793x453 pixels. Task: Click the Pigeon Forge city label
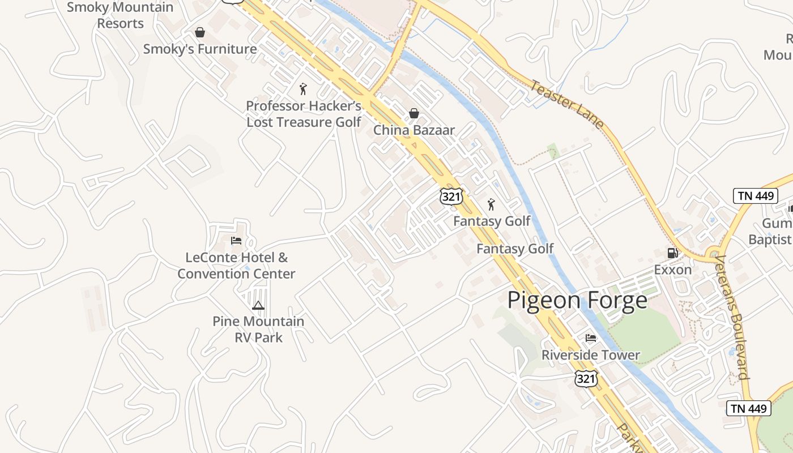coord(577,300)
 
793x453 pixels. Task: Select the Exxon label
coord(673,270)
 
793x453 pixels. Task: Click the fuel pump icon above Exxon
coord(673,253)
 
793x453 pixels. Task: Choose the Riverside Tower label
coord(590,355)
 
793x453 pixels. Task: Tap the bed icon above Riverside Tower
coord(591,338)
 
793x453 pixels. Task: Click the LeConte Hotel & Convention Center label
coord(236,266)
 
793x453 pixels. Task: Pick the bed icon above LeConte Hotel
coord(236,241)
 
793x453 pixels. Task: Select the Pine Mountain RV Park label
coord(258,329)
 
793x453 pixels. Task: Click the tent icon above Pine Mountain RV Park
coord(258,306)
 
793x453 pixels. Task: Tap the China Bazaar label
coord(414,130)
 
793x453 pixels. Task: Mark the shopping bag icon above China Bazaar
coord(414,114)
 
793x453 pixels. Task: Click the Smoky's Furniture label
coord(200,49)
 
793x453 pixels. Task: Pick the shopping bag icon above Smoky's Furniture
coord(200,33)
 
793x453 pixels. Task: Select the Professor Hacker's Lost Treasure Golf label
coord(304,114)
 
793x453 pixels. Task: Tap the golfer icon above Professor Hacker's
coord(304,89)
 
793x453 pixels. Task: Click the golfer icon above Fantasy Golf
coord(491,204)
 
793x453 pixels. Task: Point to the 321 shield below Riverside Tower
coord(585,378)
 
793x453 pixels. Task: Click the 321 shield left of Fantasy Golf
coord(451,196)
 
